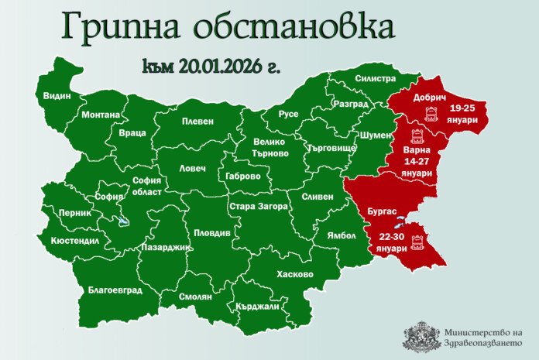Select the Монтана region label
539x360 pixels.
pyautogui.click(x=101, y=115)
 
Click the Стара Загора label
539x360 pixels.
pyautogui.click(x=258, y=207)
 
